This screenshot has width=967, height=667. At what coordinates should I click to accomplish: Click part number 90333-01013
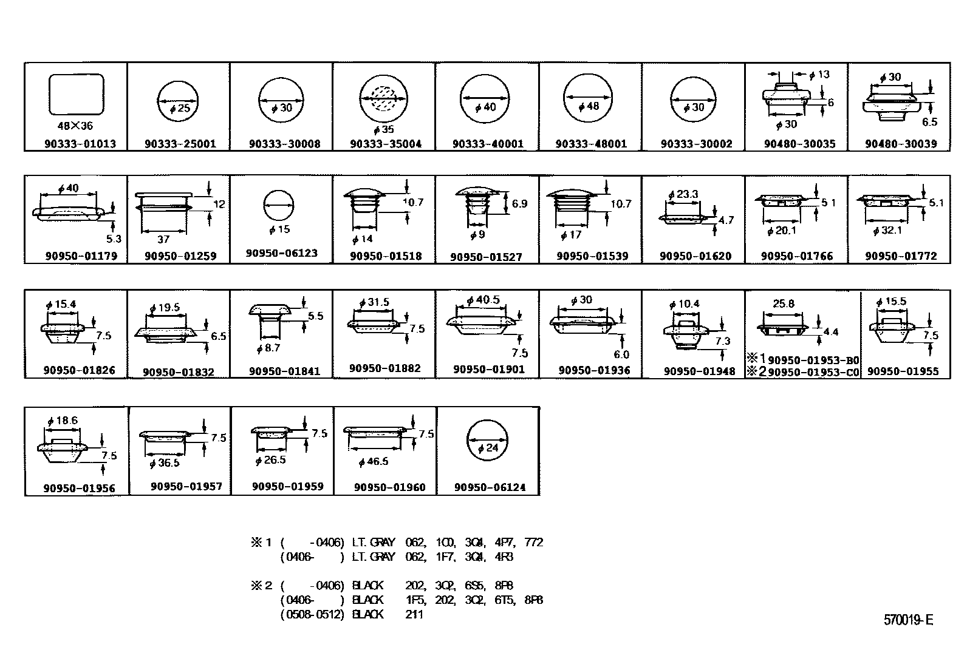point(80,144)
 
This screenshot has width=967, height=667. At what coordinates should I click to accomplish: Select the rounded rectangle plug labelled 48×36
point(76,94)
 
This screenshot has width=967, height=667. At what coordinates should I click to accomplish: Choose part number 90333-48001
point(591,144)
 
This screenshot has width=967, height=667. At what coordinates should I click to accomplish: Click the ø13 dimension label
point(819,75)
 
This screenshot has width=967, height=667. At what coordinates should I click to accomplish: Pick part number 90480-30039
point(901,144)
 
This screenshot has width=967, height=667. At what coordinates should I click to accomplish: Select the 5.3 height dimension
point(114,239)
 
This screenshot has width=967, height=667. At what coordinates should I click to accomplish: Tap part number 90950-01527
point(486,257)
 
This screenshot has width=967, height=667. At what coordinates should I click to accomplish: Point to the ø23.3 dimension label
point(683,195)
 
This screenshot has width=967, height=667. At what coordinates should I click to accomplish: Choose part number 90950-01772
point(901,256)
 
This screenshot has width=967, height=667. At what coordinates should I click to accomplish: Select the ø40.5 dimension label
point(483,300)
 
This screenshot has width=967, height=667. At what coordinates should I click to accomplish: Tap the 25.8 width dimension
point(783,303)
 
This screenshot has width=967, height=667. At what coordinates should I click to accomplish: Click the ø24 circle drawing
point(487,441)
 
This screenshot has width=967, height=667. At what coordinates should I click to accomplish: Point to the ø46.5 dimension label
point(373,462)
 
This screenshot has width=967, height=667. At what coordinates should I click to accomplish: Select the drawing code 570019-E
point(908,620)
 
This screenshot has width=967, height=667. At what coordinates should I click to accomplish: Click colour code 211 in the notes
point(414,614)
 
